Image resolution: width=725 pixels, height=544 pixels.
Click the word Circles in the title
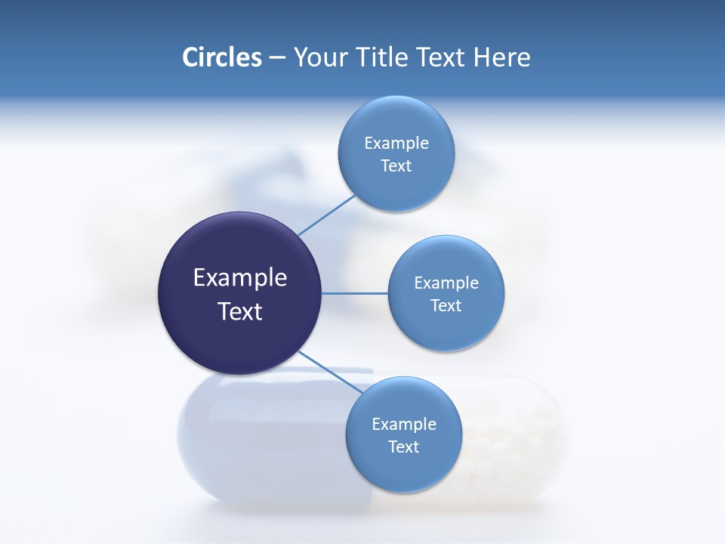[221, 57]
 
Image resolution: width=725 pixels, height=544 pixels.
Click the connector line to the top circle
[327, 215]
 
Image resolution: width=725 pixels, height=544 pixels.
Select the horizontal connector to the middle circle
[355, 293]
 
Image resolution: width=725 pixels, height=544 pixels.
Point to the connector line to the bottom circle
[329, 371]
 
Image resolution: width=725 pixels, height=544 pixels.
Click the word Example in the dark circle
[239, 279]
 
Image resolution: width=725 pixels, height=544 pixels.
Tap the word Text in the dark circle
[239, 311]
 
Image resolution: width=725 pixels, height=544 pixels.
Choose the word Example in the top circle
[396, 144]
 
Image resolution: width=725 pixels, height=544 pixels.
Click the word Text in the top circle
[396, 166]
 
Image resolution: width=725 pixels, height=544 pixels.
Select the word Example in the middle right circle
[446, 283]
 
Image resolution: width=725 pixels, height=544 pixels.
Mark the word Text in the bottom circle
[403, 447]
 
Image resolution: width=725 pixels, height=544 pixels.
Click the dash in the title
[277, 57]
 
